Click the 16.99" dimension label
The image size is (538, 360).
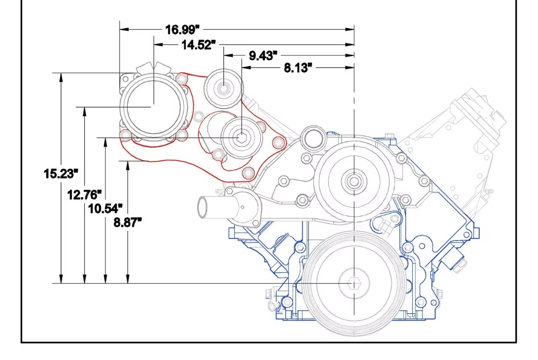(x=182, y=30)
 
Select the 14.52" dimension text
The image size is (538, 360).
(x=196, y=45)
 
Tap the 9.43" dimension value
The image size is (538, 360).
(x=263, y=56)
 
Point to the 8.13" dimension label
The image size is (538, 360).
(x=298, y=68)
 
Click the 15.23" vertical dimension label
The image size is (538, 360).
(x=61, y=173)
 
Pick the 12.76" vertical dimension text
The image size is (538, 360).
(x=84, y=195)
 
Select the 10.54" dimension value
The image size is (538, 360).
(x=105, y=208)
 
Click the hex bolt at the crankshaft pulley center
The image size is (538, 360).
(x=354, y=284)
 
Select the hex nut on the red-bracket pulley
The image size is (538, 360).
(x=242, y=137)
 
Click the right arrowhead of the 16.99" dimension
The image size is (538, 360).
(x=350, y=29)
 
